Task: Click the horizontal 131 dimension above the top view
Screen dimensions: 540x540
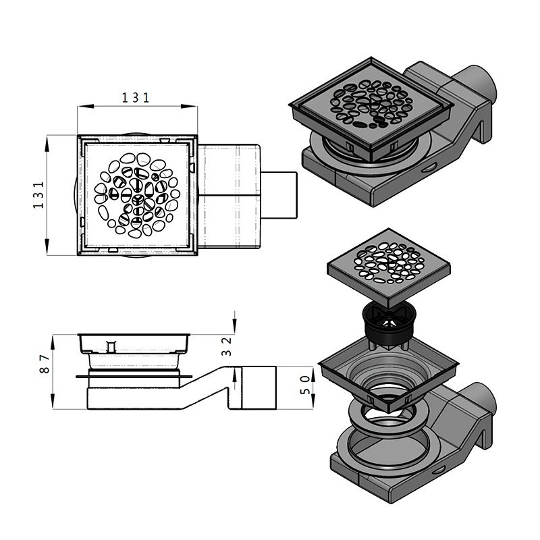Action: [136, 98]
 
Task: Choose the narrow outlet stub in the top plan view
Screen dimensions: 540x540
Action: [279, 195]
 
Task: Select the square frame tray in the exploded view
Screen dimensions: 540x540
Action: [388, 371]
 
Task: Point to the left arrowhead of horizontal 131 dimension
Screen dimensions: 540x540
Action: [80, 106]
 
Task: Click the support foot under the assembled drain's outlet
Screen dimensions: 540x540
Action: [483, 128]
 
